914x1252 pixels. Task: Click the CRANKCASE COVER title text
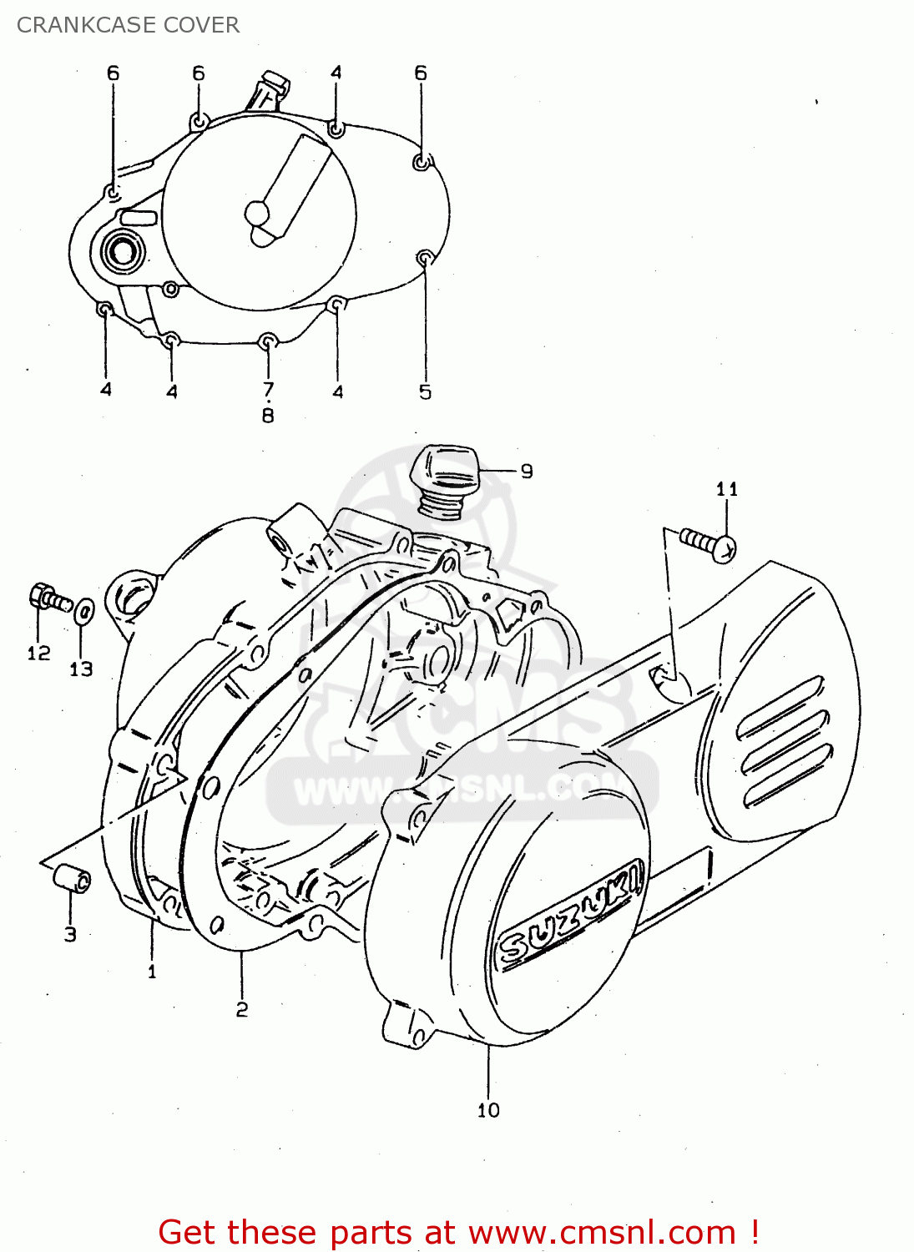point(128,25)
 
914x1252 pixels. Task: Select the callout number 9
point(527,472)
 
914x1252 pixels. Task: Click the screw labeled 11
point(707,544)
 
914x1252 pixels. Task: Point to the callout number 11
point(727,489)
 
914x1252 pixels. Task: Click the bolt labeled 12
point(48,598)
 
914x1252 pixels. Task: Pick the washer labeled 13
point(83,612)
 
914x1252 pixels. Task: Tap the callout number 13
point(81,669)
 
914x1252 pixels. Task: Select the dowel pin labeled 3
point(72,879)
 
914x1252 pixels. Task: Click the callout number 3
point(70,935)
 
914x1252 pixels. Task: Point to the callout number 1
point(152,972)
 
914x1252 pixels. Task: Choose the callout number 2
point(241,1010)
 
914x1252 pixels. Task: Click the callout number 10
point(488,1110)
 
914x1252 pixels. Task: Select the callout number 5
point(425,392)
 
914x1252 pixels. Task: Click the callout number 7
point(268,390)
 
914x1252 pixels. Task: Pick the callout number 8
point(268,415)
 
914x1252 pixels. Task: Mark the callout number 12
point(38,654)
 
